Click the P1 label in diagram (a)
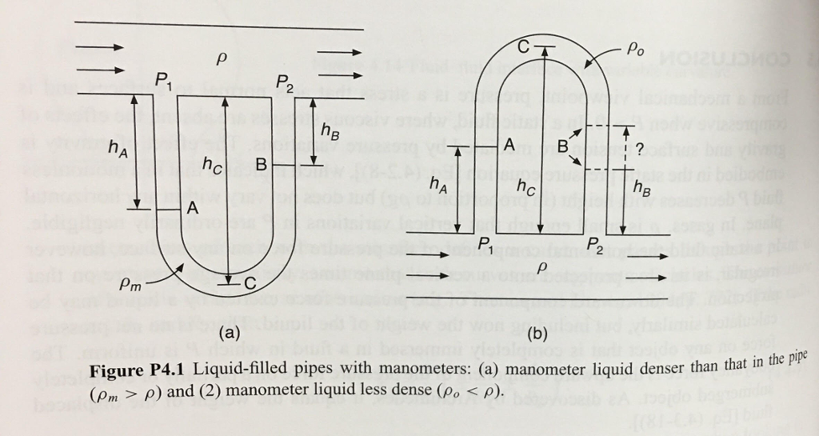[x=164, y=79]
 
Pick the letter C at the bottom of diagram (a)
[x=250, y=282]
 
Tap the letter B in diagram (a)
[x=261, y=165]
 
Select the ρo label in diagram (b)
[x=636, y=50]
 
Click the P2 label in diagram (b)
[x=597, y=243]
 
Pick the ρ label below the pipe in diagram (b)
[x=544, y=265]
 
